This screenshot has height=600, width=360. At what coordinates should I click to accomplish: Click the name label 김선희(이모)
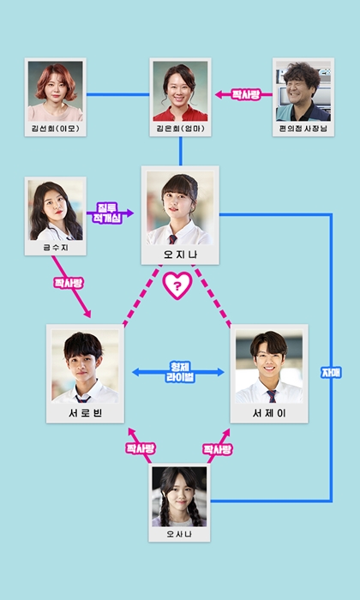56,129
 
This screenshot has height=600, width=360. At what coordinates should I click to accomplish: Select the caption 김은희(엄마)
180,129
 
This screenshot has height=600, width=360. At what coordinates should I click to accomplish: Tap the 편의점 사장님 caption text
303,129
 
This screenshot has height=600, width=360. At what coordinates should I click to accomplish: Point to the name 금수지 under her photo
56,248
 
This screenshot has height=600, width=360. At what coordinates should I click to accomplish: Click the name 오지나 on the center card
180,254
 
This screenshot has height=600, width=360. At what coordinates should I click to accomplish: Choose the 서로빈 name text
86,413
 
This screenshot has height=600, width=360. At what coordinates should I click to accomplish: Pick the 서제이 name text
269,413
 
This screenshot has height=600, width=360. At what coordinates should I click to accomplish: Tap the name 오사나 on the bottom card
179,534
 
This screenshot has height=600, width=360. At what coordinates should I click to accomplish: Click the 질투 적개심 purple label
107,213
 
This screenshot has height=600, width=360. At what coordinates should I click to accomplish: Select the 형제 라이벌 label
180,372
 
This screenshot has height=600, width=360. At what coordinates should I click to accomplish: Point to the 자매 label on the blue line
331,373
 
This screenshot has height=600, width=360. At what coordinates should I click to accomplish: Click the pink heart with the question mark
177,285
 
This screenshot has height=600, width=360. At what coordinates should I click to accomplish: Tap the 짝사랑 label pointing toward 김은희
246,94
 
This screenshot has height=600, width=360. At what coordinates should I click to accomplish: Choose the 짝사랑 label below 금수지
69,283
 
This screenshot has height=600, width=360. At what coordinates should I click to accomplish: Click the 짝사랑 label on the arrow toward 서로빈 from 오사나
141,448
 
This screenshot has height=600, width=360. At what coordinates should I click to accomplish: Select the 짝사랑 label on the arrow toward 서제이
218,449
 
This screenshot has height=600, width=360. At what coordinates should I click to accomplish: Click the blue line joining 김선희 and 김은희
117,94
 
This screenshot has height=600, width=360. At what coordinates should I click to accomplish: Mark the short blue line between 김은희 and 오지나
180,151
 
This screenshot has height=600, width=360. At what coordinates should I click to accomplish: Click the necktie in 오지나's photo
173,239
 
